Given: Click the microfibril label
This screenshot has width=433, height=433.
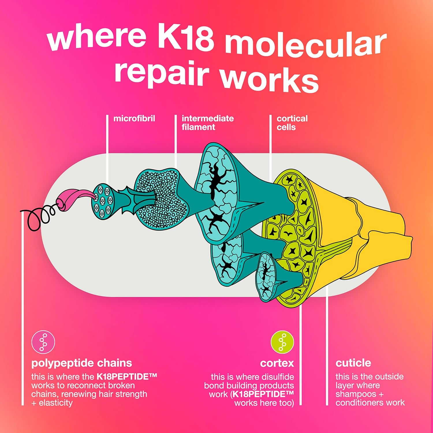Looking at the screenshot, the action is point(134,118).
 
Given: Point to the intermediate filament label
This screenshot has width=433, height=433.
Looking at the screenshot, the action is point(207,123).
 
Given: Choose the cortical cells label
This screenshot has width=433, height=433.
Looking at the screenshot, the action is point(292,123).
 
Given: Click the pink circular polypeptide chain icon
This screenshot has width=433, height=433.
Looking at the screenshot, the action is point(43,342).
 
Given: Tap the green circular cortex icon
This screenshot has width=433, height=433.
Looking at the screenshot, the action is point(282,342).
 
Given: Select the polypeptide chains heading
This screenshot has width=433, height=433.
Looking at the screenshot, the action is point(81,363).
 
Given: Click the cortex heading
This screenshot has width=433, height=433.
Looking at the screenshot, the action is point(277,363).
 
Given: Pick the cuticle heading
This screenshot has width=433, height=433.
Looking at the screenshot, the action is point(353,363).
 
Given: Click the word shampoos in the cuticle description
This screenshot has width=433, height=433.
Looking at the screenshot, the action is point(356,394).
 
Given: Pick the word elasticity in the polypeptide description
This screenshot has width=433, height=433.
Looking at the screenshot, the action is point(56,403).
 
